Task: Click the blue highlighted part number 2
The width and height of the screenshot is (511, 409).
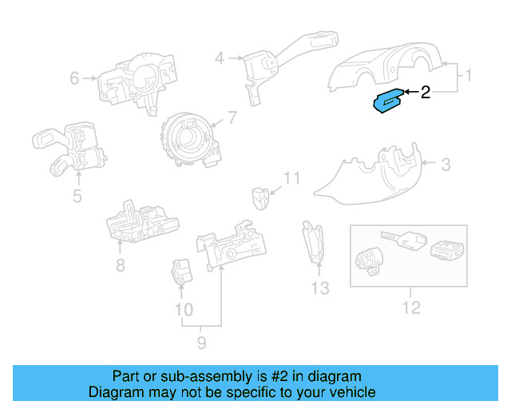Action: pyautogui.click(x=389, y=102)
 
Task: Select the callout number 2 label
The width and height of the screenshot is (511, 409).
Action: pyautogui.click(x=426, y=93)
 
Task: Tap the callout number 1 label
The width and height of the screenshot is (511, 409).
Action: pyautogui.click(x=469, y=76)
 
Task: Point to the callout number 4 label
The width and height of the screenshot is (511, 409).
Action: pyautogui.click(x=219, y=58)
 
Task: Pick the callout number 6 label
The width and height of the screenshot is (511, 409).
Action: pyautogui.click(x=74, y=78)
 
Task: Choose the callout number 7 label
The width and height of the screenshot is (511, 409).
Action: pyautogui.click(x=232, y=118)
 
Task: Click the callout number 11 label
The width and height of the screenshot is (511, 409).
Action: pyautogui.click(x=292, y=178)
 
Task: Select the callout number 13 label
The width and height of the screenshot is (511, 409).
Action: pyautogui.click(x=319, y=288)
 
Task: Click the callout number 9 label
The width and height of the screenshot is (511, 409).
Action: pyautogui.click(x=201, y=343)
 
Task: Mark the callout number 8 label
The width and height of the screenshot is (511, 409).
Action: pyautogui.click(x=120, y=265)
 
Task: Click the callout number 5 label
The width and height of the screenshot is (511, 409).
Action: pyautogui.click(x=77, y=196)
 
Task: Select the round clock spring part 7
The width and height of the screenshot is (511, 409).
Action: pyautogui.click(x=188, y=140)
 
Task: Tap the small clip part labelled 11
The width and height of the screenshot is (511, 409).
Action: pyautogui.click(x=259, y=197)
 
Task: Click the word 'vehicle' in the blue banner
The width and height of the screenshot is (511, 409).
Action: pyautogui.click(x=347, y=392)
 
